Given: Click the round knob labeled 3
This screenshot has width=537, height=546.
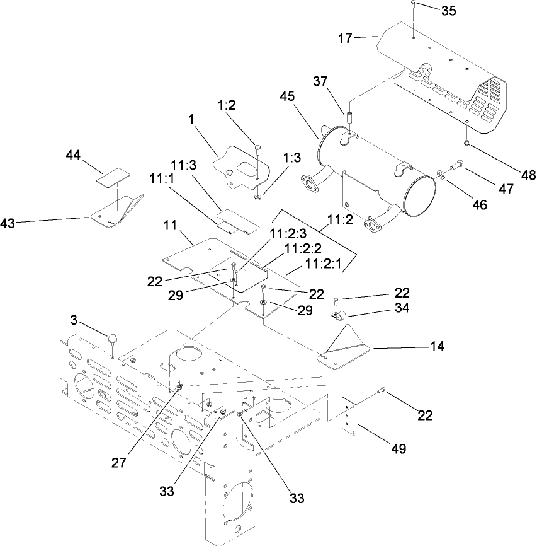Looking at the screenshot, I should (x=113, y=338).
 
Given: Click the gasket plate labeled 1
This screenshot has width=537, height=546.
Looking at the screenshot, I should (x=239, y=165).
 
